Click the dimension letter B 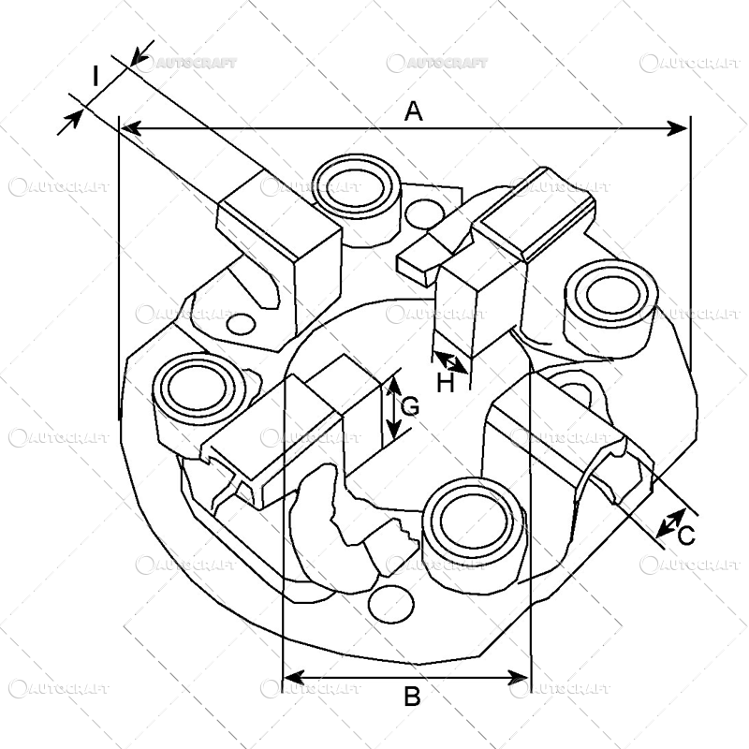(x=411, y=697)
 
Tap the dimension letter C (x=685, y=536)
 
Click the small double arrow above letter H (x=451, y=361)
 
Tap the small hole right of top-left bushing (x=427, y=211)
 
